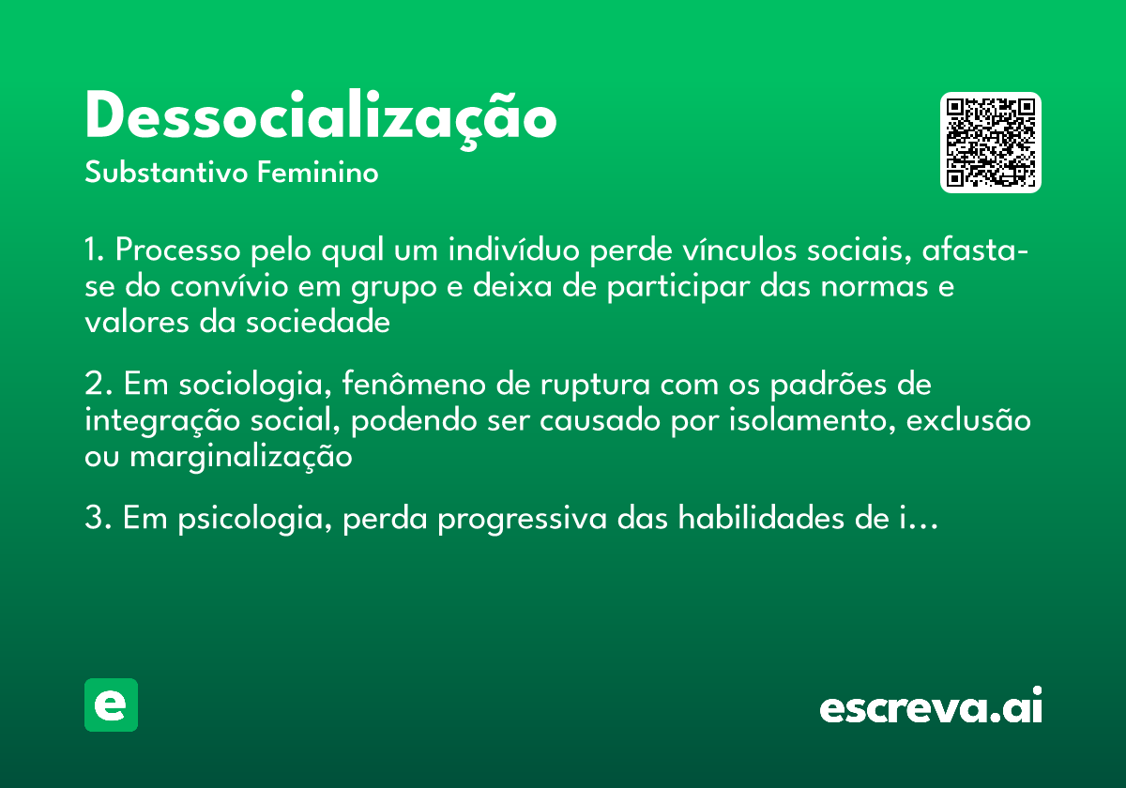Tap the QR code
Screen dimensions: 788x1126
(991, 143)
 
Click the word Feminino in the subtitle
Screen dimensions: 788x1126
(318, 174)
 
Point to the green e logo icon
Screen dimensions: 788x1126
(111, 705)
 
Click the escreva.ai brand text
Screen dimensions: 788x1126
(931, 707)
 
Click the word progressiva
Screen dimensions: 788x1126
(521, 519)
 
